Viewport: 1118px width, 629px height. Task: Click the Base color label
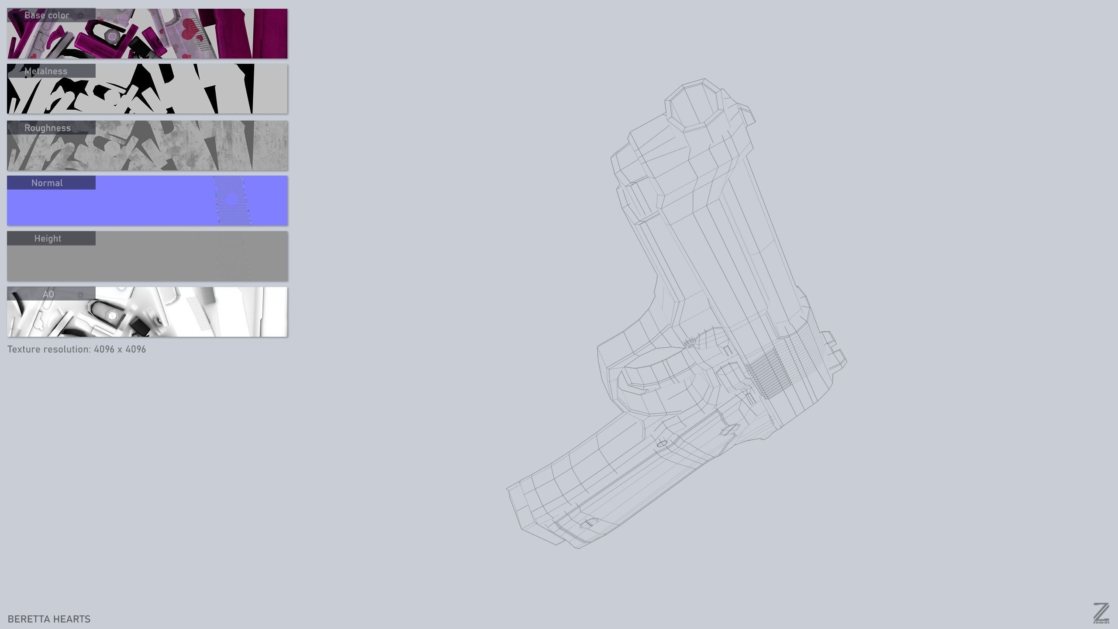[x=47, y=15]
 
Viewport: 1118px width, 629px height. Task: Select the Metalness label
[x=46, y=71]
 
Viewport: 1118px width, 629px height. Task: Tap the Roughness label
[x=47, y=128]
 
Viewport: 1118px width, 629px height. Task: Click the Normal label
[x=47, y=183]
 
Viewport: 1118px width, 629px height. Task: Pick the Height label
[x=48, y=238]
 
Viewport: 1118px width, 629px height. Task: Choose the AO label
[x=48, y=294]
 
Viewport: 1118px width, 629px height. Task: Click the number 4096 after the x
[x=135, y=349]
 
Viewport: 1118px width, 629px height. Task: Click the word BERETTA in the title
[x=27, y=619]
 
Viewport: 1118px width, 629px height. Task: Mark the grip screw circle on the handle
[x=662, y=443]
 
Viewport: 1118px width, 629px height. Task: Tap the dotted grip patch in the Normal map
[x=231, y=201]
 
